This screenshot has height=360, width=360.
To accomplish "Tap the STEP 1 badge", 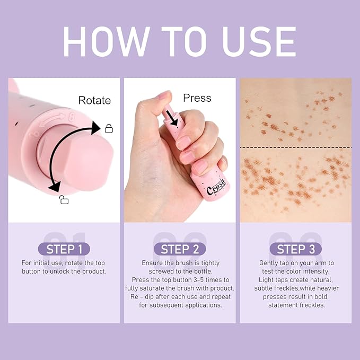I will coord(64,249).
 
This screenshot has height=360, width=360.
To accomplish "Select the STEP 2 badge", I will coord(180,249).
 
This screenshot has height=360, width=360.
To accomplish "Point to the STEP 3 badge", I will coord(295,249).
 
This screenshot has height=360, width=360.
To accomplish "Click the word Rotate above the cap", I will coord(94,100).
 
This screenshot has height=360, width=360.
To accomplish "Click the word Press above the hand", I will coord(197,98).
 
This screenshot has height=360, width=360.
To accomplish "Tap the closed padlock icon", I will coord(109,128).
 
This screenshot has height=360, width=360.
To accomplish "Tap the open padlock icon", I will coord(64,199).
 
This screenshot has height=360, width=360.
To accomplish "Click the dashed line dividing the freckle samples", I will coord(295,147).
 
